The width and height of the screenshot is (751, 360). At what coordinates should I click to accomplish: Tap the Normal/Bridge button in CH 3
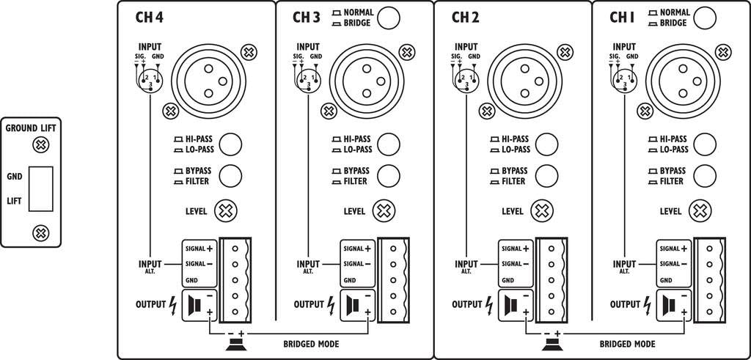click(389, 18)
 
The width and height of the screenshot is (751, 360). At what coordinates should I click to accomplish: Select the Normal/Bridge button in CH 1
click(704, 18)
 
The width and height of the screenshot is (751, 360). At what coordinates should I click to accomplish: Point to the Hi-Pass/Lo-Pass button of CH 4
click(231, 144)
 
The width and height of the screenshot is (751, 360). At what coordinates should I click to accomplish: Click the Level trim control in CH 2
click(541, 211)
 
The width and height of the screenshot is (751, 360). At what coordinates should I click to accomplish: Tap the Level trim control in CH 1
click(699, 211)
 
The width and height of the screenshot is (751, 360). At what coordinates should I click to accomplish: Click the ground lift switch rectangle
click(42, 188)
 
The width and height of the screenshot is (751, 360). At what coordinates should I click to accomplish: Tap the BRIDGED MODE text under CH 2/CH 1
click(627, 343)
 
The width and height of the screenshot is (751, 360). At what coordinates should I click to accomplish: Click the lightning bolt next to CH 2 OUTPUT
click(489, 304)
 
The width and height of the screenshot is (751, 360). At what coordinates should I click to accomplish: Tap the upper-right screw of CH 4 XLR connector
click(249, 52)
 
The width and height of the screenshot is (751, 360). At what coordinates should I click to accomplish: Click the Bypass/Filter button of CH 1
click(704, 175)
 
